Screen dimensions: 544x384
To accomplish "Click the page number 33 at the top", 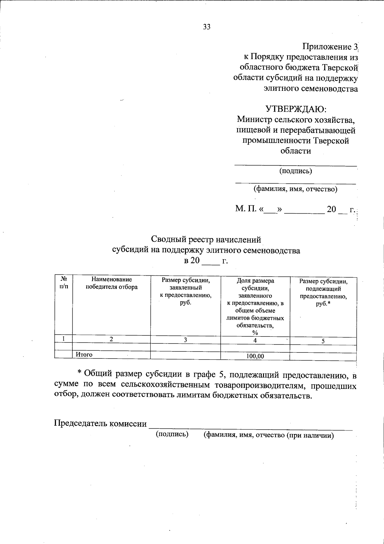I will click(x=207, y=27).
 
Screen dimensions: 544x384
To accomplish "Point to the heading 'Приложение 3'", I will click(x=331, y=47).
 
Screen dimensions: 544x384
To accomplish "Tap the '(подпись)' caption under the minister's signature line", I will click(x=296, y=171).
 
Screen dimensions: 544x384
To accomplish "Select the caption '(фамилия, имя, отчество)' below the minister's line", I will click(x=295, y=189).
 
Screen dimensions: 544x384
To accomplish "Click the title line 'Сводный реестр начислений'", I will click(x=206, y=239).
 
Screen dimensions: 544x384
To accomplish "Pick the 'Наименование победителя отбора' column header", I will click(x=111, y=283).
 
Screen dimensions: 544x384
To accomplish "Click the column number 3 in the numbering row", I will click(x=185, y=340).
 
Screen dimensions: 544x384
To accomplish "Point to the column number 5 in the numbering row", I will click(x=323, y=341).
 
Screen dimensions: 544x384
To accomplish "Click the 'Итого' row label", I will click(x=84, y=354).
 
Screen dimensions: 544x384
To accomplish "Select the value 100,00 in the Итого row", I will click(x=255, y=356).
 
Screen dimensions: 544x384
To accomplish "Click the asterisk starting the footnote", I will click(x=80, y=372).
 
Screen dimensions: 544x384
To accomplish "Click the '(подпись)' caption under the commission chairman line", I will click(x=172, y=434).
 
